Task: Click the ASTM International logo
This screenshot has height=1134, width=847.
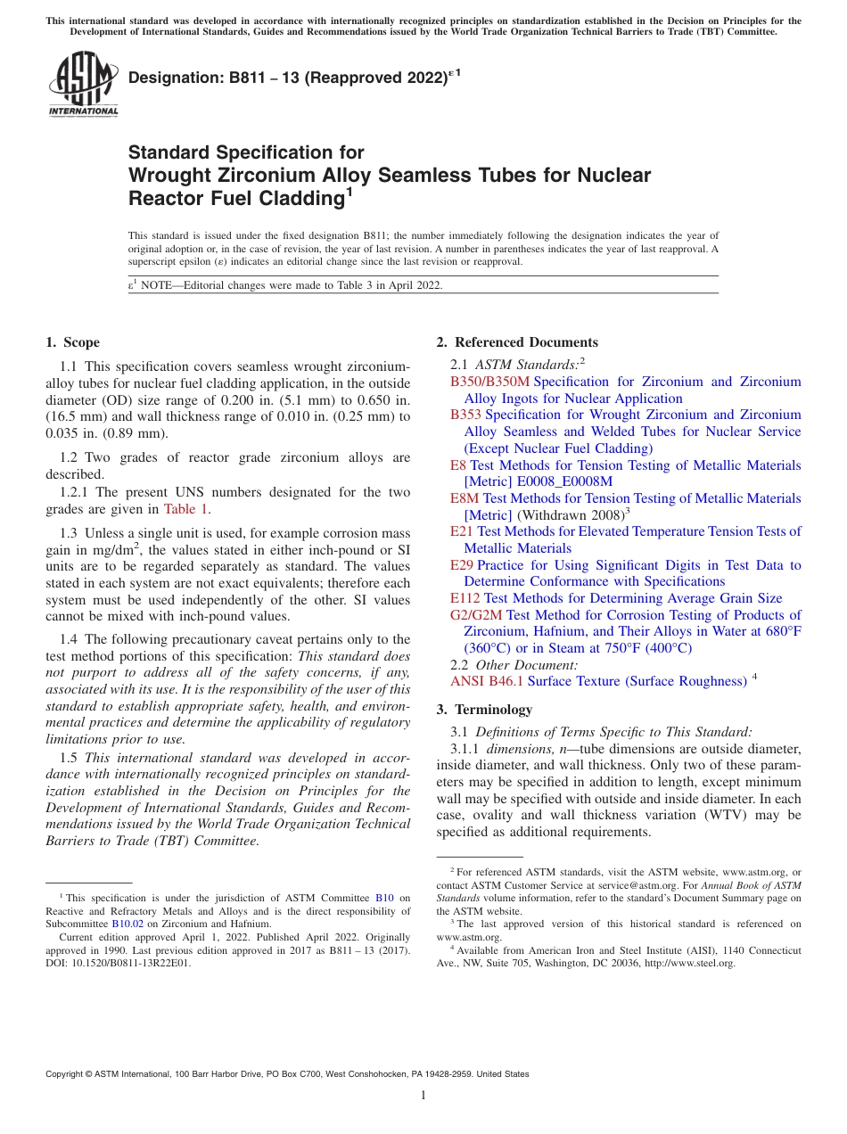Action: pyautogui.click(x=82, y=84)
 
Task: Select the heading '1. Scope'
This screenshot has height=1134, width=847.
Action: pyautogui.click(x=72, y=342)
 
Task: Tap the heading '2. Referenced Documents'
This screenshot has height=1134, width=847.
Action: pyautogui.click(x=517, y=342)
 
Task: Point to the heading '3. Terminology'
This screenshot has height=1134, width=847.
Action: pyautogui.click(x=484, y=710)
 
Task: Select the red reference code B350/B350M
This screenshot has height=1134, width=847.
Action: pyautogui.click(x=489, y=382)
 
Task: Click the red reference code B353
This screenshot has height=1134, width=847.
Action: pyautogui.click(x=465, y=415)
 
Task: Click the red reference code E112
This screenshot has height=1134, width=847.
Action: pyautogui.click(x=465, y=598)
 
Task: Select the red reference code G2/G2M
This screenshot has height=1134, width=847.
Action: pyautogui.click(x=476, y=615)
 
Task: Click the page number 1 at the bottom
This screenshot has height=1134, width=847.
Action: pyautogui.click(x=423, y=1096)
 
